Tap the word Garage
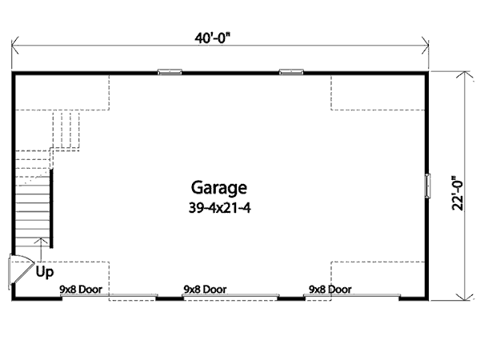pos(218,188)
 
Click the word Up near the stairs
pos(45,271)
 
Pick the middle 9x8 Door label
pos(205,290)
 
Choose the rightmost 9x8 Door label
pos(330,290)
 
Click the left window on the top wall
pos(170,72)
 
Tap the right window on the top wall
pos(291,72)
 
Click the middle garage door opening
pos(230,297)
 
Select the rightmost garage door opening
pos(352,297)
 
